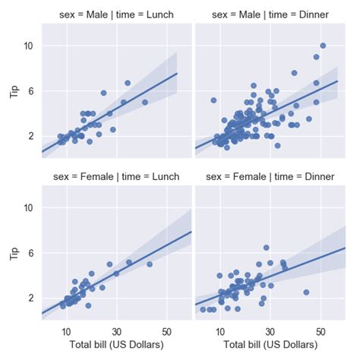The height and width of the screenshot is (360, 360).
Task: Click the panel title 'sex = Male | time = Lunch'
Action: [x=116, y=15]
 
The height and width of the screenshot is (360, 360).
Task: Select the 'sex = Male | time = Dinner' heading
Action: [x=271, y=15]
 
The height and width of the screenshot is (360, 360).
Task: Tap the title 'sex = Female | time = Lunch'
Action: [x=116, y=176]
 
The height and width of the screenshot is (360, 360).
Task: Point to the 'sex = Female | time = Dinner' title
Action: [x=271, y=176]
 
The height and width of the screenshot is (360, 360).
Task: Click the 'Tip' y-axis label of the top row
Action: [x=13, y=91]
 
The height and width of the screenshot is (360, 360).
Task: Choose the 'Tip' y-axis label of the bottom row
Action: [x=13, y=252]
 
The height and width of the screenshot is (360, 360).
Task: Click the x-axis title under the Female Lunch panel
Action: [x=116, y=346]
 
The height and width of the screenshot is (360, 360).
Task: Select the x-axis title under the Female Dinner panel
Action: [x=271, y=346]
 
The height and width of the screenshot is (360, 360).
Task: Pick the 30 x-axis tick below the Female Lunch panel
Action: [x=116, y=331]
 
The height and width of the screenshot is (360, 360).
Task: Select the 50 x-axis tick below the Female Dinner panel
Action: [x=321, y=331]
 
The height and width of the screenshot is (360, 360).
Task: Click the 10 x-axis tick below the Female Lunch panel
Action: [x=66, y=331]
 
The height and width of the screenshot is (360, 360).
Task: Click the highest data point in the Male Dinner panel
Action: [x=323, y=46]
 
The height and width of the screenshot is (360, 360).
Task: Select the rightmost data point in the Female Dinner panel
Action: [x=306, y=292]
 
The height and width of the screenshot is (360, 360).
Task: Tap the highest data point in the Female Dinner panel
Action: [x=266, y=248]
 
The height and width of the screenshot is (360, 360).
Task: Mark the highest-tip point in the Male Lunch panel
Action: [x=128, y=83]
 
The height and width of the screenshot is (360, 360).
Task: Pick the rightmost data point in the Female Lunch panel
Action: [x=150, y=264]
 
